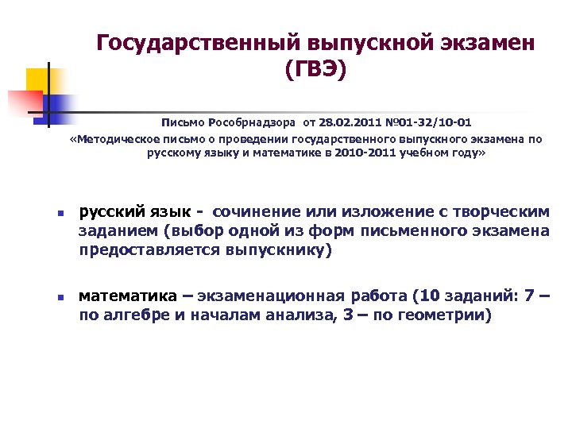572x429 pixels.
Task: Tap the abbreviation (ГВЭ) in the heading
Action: [315, 71]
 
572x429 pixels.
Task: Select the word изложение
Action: [377, 212]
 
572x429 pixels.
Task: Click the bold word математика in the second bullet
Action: [127, 296]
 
